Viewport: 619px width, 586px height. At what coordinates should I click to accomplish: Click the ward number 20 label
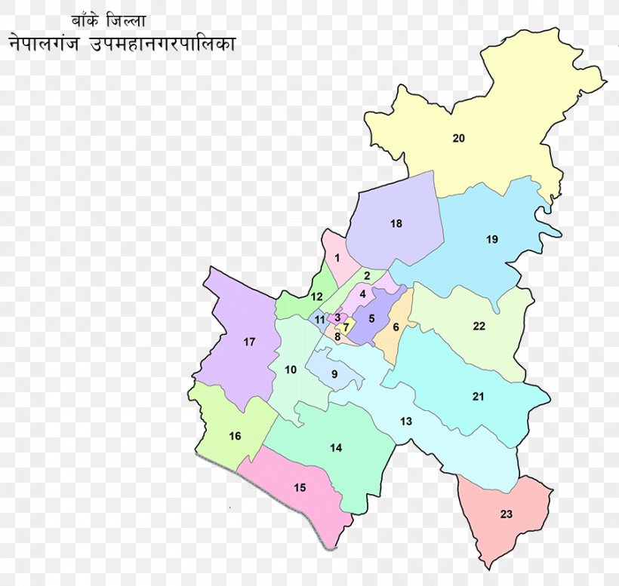click(x=459, y=138)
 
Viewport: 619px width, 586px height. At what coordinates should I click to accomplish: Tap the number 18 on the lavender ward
click(x=396, y=223)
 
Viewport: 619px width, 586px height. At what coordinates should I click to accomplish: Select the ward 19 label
click(x=492, y=240)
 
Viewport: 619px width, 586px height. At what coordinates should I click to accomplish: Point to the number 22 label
click(x=479, y=327)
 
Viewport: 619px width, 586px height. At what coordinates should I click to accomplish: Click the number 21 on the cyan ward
click(x=479, y=397)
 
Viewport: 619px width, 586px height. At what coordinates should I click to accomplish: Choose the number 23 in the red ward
click(x=506, y=514)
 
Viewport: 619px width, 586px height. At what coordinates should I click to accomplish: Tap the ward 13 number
click(x=406, y=422)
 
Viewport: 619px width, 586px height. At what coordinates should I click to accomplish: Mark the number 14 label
click(x=336, y=448)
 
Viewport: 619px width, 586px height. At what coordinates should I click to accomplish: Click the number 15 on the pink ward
click(x=300, y=488)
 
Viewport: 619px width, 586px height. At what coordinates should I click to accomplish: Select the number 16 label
click(x=235, y=436)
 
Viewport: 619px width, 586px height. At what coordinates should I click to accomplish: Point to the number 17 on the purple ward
click(x=249, y=342)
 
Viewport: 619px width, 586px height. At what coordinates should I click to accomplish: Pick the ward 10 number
click(x=291, y=370)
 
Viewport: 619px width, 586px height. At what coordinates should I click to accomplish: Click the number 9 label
click(x=334, y=374)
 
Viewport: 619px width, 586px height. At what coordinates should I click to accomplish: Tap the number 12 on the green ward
click(x=317, y=296)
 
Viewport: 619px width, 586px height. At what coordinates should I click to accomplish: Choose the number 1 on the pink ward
click(x=337, y=259)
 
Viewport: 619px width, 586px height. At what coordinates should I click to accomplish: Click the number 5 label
click(x=371, y=318)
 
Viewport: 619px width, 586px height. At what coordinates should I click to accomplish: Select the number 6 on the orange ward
click(x=396, y=327)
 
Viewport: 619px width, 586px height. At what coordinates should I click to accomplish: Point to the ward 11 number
click(x=320, y=320)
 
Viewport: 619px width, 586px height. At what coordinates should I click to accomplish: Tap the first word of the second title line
click(x=47, y=44)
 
